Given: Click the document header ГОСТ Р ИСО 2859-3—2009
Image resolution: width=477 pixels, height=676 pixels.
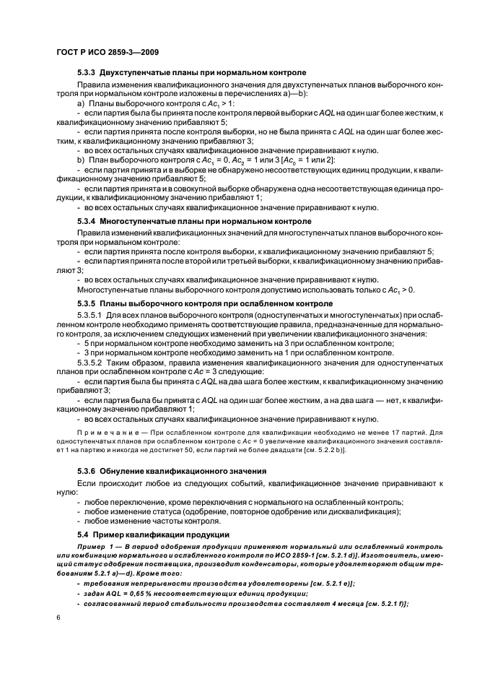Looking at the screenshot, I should pyautogui.click(x=107, y=52).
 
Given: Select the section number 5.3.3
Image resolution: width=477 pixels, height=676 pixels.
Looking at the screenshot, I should pyautogui.click(x=87, y=73).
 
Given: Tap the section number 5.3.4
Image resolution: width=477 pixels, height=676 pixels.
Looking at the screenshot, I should pyautogui.click(x=87, y=220).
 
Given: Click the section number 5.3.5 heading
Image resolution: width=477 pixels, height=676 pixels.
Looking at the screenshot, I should pyautogui.click(x=87, y=303).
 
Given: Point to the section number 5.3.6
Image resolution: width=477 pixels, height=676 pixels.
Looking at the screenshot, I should pyautogui.click(x=87, y=470).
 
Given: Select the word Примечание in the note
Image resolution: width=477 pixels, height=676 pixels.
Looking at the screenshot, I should pyautogui.click(x=108, y=433).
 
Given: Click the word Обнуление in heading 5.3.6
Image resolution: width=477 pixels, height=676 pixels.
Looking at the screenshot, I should pyautogui.click(x=126, y=470).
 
